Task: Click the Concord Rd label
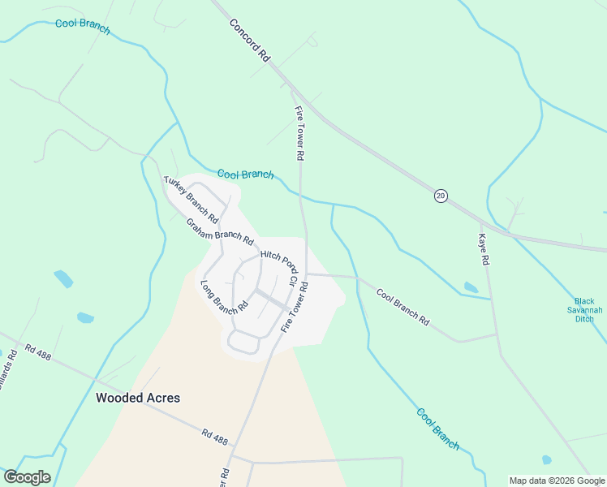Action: coord(249,41)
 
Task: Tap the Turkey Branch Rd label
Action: coord(191,200)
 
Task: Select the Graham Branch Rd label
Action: coord(219,232)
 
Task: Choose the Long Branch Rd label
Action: coord(223,297)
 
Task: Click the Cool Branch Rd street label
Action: coord(403,306)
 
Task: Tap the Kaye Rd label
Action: coord(483,250)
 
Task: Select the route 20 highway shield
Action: coord(441,196)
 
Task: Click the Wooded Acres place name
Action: coord(138,398)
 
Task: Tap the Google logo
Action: coord(27,477)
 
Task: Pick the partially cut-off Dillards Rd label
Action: coord(7,370)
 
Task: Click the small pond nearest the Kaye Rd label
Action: coord(471,287)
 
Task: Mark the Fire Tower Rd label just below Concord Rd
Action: coord(299,131)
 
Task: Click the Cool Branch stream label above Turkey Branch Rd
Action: coord(245,175)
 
